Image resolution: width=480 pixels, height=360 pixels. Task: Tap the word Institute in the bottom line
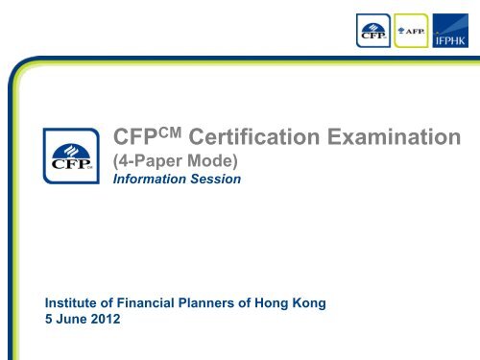tap(76, 304)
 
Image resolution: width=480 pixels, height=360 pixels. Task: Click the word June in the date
tap(73, 321)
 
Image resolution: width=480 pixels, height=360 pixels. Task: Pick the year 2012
tap(109, 321)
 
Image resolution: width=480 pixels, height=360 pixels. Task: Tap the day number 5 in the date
tap(50, 321)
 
